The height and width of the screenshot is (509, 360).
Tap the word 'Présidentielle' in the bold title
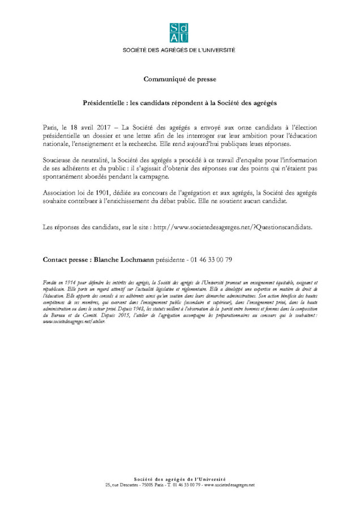point(104,103)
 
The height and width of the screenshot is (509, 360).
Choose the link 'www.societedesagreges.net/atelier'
point(74,321)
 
